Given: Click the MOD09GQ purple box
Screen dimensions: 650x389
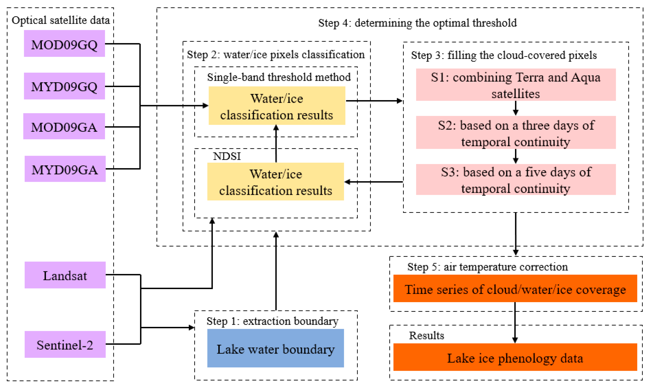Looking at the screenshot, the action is tap(64, 44).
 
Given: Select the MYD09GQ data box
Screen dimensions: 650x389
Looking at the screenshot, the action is tap(64, 86).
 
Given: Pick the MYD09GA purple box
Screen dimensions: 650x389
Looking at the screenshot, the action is tap(65, 169).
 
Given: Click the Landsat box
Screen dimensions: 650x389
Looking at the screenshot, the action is tap(65, 275).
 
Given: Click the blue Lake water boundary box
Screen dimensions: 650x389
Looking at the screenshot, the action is tap(276, 348).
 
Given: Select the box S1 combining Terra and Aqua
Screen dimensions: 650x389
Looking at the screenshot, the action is tap(516, 85).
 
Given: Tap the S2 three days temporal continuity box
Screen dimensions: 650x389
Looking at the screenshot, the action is tap(516, 133).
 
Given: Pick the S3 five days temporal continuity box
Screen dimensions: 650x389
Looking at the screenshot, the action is tap(516, 179).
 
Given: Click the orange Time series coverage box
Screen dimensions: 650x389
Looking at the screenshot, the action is tap(515, 288).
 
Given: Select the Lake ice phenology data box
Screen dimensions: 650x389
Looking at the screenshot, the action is tap(515, 357).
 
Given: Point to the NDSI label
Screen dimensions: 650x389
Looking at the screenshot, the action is tap(227, 156).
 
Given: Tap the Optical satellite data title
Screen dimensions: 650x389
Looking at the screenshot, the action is tap(61, 20).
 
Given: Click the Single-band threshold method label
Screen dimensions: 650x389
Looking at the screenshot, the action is tap(279, 77).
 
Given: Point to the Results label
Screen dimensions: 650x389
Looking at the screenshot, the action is tap(427, 336).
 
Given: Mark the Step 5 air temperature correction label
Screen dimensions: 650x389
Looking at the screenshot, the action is tap(488, 267).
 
